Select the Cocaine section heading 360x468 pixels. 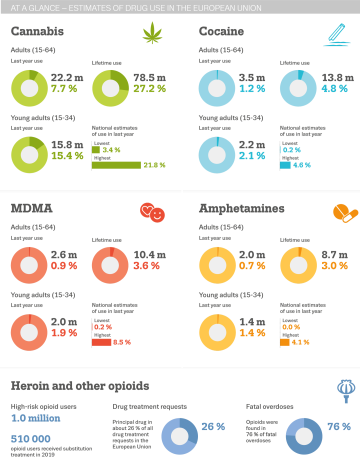tap(226, 32)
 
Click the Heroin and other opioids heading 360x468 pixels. tap(80, 385)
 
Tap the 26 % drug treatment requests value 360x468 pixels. tap(212, 426)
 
